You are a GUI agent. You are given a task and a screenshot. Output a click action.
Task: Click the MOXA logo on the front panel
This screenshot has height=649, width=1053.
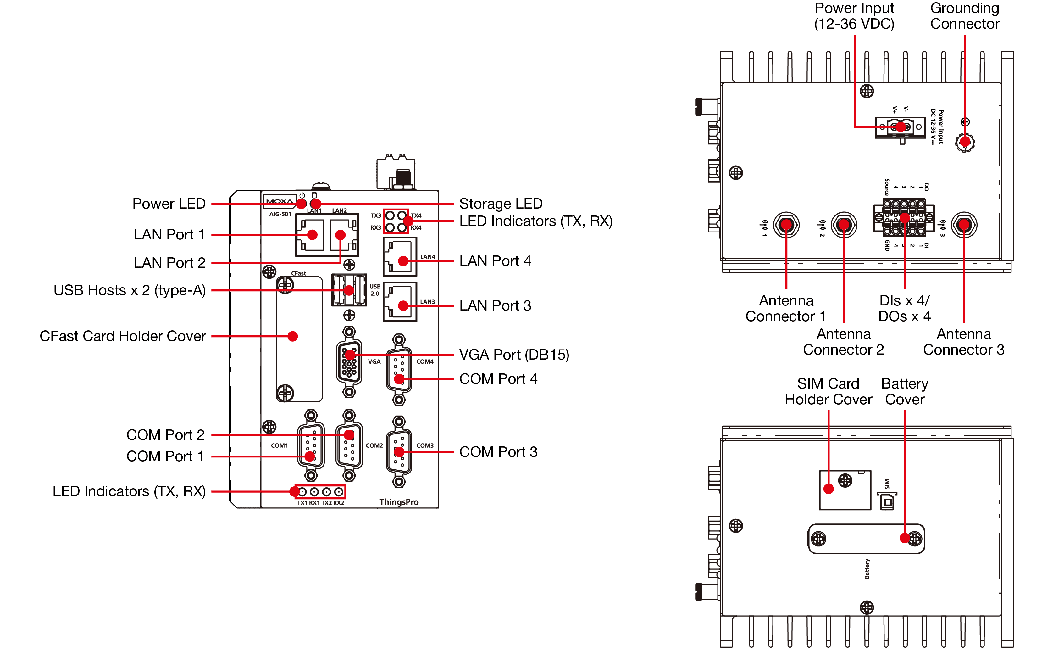click(280, 202)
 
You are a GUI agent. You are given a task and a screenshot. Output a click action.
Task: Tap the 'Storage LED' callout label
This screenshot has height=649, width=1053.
click(501, 204)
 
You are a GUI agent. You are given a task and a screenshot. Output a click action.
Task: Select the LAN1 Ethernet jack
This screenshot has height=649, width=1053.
click(310, 235)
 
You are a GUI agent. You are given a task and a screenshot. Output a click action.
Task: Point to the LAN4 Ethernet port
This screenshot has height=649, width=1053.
click(400, 257)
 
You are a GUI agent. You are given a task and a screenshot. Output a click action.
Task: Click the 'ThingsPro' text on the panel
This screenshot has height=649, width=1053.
click(398, 502)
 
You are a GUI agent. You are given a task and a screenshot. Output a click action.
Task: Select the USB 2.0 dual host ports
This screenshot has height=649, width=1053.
click(349, 290)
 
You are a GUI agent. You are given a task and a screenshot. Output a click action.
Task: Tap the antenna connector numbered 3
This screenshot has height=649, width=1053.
click(964, 225)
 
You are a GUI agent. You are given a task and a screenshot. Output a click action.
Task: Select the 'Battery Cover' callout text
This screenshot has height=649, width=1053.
click(905, 391)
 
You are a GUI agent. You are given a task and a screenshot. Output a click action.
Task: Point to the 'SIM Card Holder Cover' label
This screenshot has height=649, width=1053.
click(828, 391)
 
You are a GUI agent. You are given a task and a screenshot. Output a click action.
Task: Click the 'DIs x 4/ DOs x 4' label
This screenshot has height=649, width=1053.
click(904, 308)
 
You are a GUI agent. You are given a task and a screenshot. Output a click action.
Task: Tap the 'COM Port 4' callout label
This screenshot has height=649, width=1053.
click(498, 379)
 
